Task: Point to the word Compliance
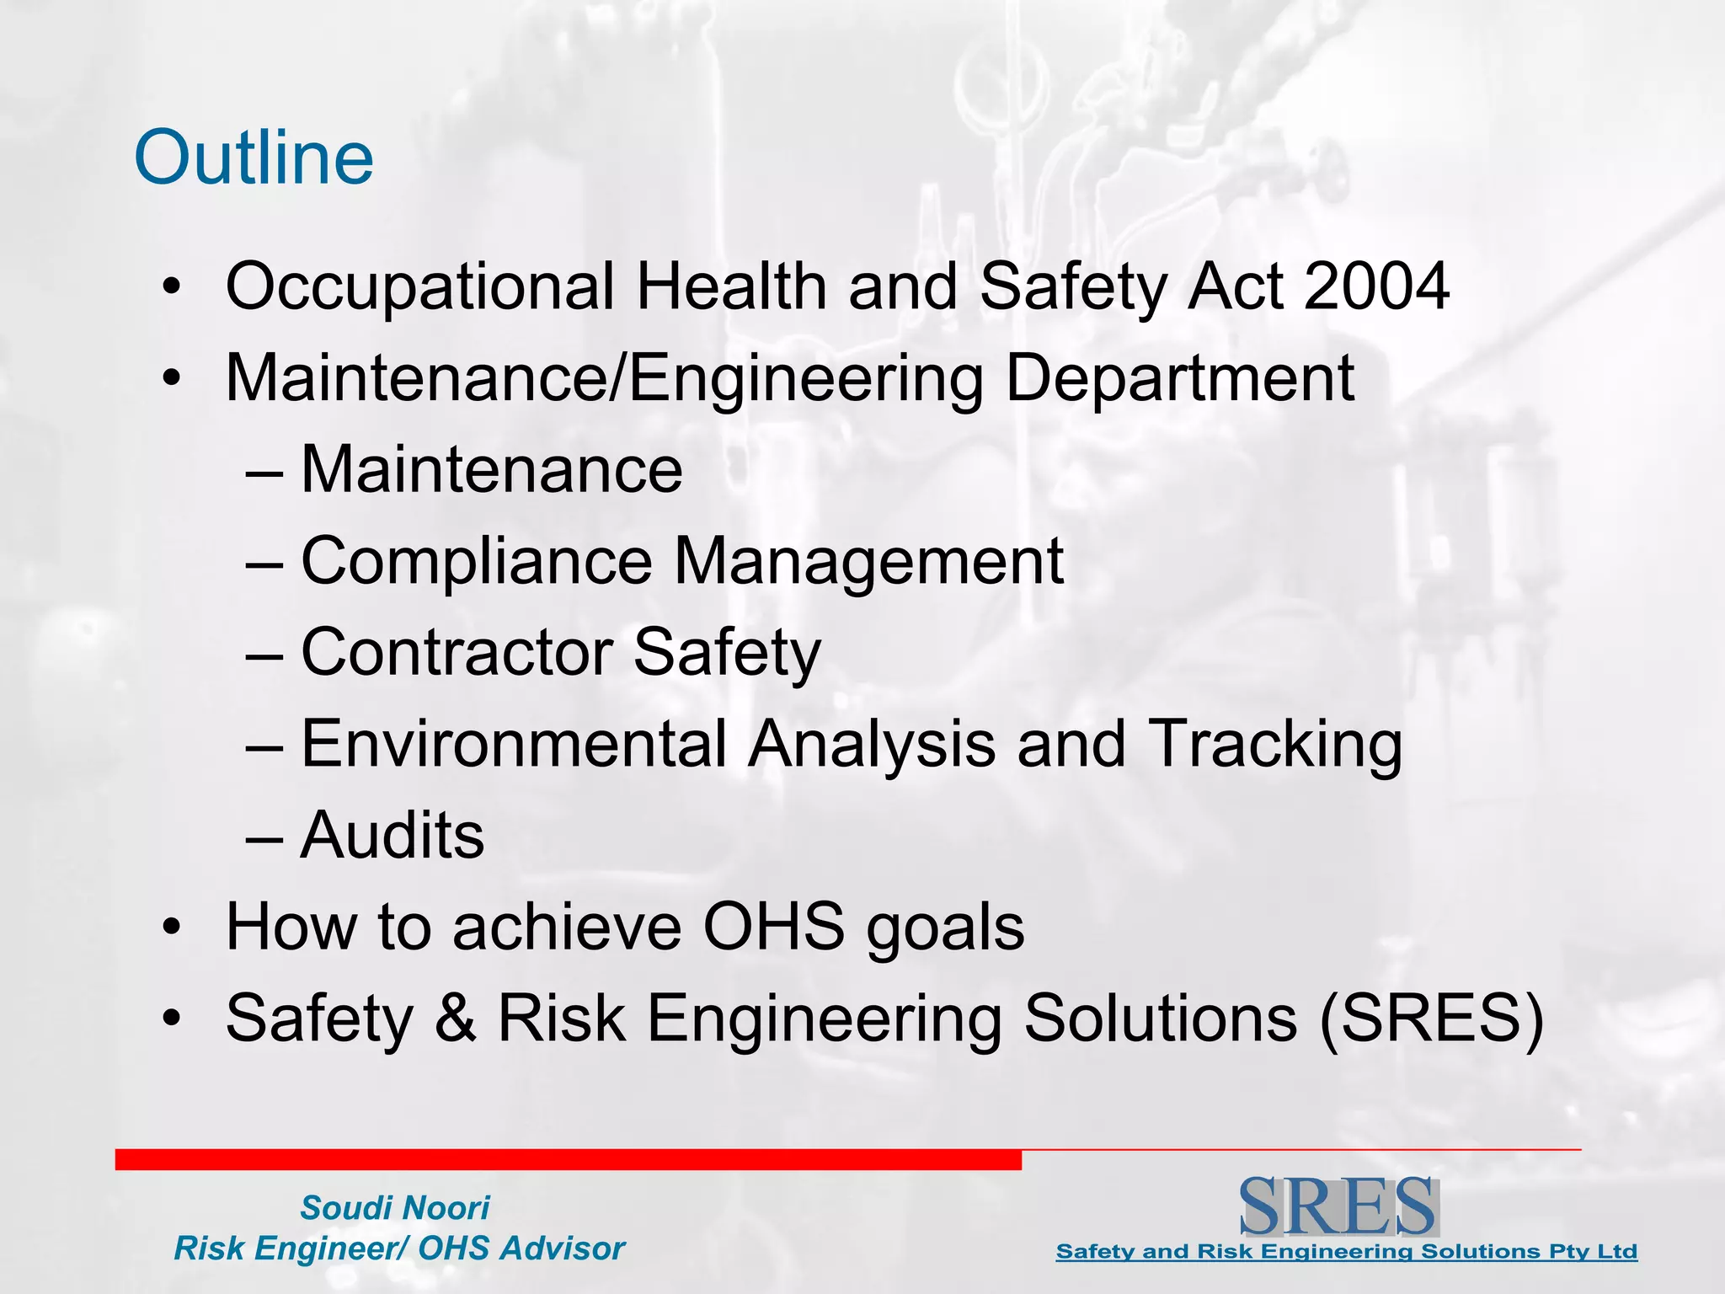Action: [477, 562]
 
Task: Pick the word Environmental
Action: [514, 744]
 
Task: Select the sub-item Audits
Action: [393, 836]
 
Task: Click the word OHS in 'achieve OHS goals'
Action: [774, 927]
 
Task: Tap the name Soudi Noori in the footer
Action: [395, 1208]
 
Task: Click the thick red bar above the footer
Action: [568, 1160]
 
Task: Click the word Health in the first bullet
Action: [731, 286]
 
